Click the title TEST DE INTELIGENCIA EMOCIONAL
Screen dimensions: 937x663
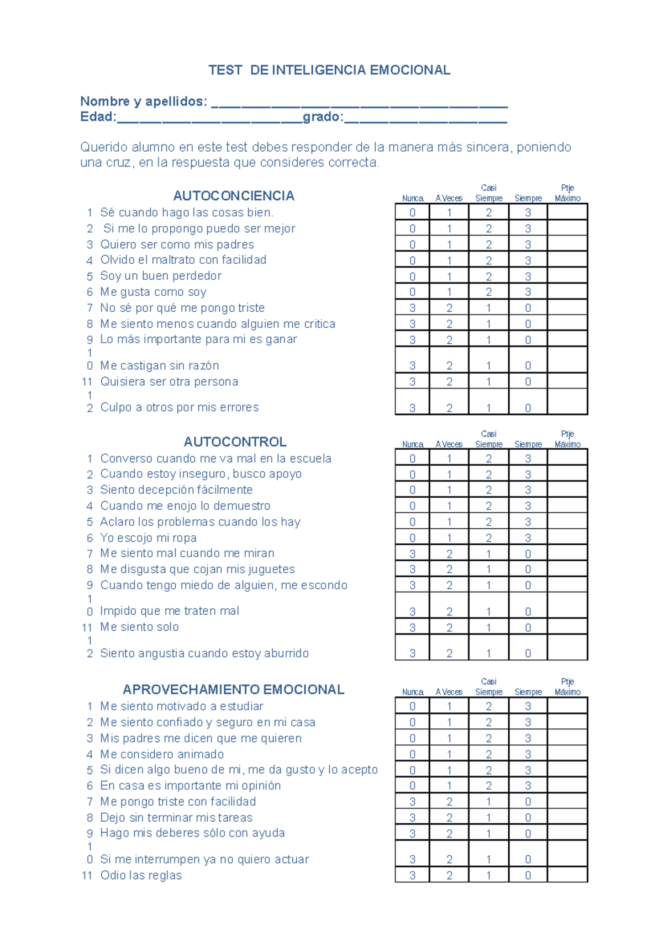coord(329,70)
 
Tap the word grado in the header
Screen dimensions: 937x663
coord(322,117)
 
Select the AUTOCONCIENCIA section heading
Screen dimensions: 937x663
coord(234,196)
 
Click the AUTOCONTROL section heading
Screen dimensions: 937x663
coord(235,442)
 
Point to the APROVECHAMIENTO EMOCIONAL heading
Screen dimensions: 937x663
coord(234,690)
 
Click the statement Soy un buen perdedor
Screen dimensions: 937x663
coord(161,276)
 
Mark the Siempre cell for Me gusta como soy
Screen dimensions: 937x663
coord(528,292)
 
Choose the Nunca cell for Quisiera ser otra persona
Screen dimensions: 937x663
coord(412,382)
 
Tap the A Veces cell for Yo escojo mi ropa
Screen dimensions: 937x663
coord(449,538)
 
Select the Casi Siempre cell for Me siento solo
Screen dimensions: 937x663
coord(488,627)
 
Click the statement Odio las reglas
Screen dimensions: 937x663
coord(141,876)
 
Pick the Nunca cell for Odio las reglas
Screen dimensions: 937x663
coord(412,876)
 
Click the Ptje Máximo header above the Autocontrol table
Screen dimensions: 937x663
coord(567,439)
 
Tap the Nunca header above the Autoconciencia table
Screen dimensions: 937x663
coord(412,198)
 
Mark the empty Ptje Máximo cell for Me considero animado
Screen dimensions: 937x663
coord(567,754)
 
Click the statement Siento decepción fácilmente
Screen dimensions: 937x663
coord(176,490)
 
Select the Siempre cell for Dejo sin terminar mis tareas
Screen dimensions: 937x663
coord(528,818)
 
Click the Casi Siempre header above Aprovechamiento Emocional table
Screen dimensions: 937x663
coord(488,687)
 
